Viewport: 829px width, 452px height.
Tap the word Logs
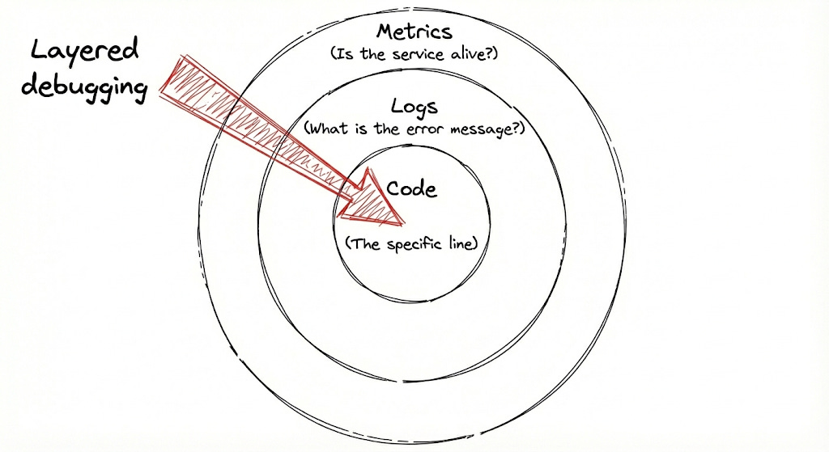pyautogui.click(x=414, y=106)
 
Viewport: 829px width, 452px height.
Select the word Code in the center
pyautogui.click(x=411, y=189)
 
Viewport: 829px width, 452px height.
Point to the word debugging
pyautogui.click(x=83, y=85)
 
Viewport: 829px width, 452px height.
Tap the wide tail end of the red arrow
pyautogui.click(x=171, y=77)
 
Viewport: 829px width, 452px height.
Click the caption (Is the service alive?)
pyautogui.click(x=414, y=55)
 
